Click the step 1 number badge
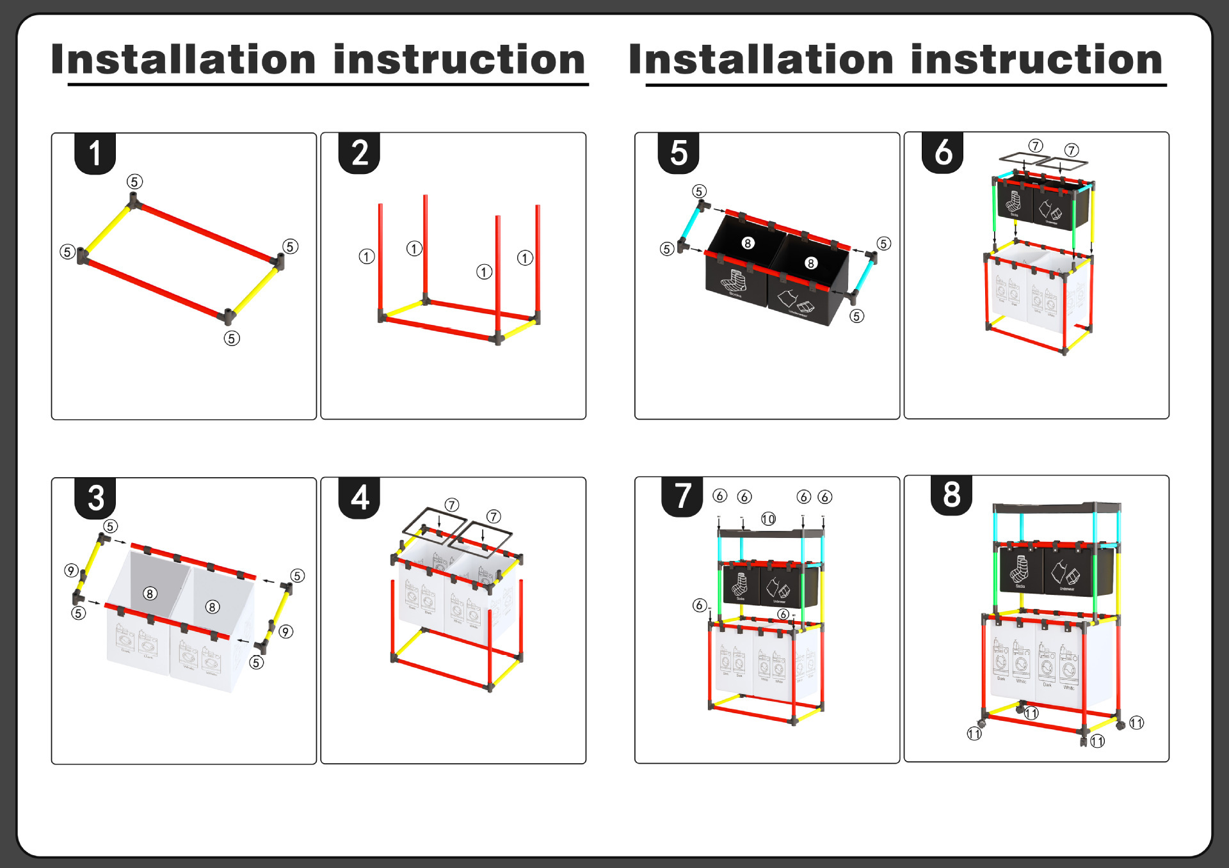point(95,154)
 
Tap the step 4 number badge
point(360,498)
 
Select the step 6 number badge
point(943,153)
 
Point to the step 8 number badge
point(951,495)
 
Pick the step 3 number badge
point(95,498)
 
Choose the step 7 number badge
point(682,496)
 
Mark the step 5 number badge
point(679,154)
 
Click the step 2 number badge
point(359,154)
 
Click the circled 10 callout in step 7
point(768,519)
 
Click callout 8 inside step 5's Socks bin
point(747,243)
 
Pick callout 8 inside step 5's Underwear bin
point(810,263)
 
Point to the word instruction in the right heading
point(1036,59)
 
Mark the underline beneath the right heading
point(906,84)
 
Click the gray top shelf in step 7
point(770,532)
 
